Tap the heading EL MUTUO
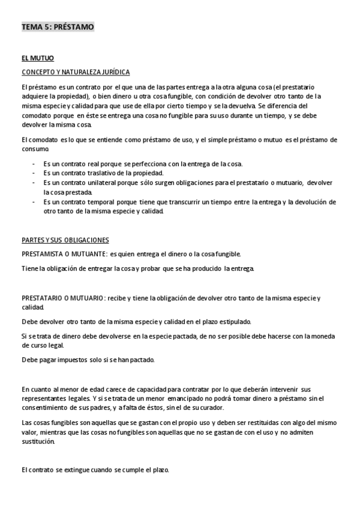pyautogui.click(x=38, y=58)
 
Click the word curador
pyautogui.click(x=193, y=408)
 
